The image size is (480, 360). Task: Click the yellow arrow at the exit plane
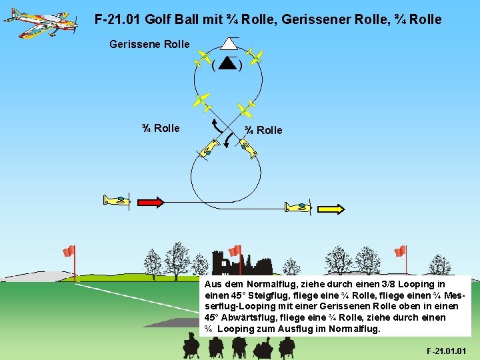[x=331, y=208]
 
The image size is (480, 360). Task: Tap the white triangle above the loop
[x=229, y=43]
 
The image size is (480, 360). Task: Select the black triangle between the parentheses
[x=228, y=64]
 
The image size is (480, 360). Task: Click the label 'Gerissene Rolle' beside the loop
[x=149, y=45]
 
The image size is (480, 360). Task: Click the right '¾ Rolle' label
[x=263, y=130]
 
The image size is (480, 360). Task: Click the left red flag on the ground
[x=69, y=251]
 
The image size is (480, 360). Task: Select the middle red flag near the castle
[x=235, y=251]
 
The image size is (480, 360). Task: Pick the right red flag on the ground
[x=401, y=251]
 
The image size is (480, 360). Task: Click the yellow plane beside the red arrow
[x=116, y=201]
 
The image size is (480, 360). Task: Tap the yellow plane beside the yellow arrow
[x=297, y=207]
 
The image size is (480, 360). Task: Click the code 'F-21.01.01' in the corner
[x=446, y=351]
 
